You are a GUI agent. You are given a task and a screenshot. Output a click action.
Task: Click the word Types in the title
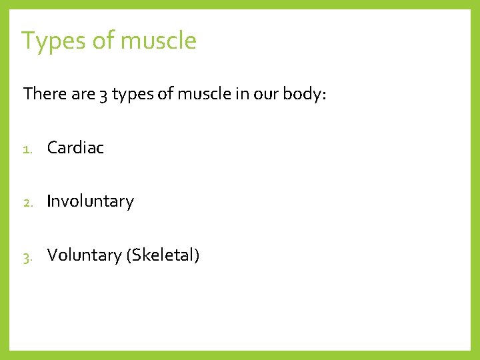click(53, 41)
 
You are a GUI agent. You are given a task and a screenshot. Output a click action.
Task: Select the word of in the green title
click(103, 41)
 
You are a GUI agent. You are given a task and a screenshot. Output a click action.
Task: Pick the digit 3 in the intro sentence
click(103, 95)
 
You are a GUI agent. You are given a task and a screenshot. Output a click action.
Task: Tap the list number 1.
click(27, 149)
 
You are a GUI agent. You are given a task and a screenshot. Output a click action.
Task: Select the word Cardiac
click(75, 148)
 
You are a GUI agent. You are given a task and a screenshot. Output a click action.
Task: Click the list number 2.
click(27, 202)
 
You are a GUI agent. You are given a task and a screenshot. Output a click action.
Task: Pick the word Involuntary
click(90, 201)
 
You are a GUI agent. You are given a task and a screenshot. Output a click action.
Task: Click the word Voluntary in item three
click(84, 255)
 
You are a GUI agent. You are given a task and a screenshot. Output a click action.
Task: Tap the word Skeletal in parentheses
click(163, 255)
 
